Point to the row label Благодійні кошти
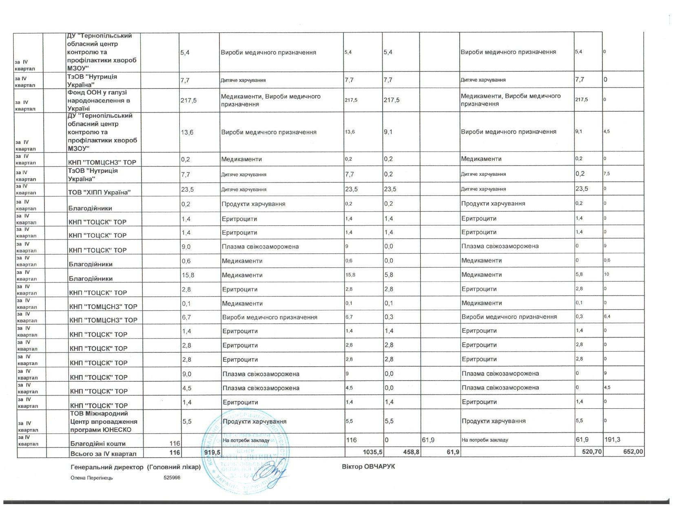(98, 443)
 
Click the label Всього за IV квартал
(103, 454)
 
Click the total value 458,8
(410, 454)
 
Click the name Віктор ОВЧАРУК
(368, 466)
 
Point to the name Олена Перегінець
(92, 478)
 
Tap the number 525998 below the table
(172, 478)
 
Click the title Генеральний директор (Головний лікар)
(135, 467)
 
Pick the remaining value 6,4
(607, 316)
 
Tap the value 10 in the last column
(607, 274)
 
